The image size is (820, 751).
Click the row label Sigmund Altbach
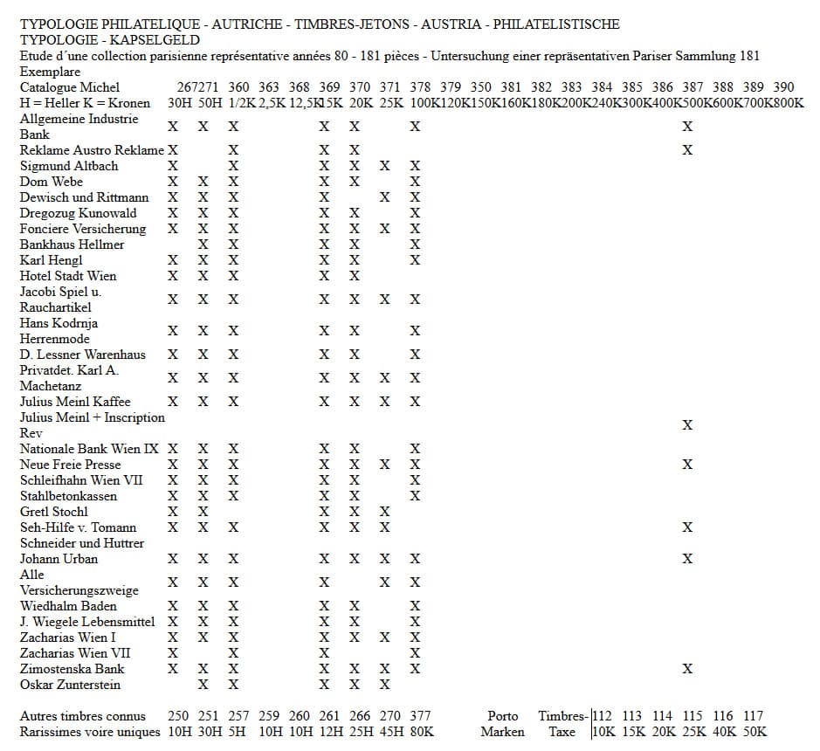tap(69, 166)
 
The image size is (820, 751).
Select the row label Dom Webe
tap(52, 182)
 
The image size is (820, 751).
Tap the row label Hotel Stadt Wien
tap(68, 276)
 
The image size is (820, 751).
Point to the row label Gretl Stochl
tap(54, 512)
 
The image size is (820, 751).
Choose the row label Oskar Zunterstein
tap(71, 685)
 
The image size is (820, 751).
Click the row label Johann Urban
tap(59, 559)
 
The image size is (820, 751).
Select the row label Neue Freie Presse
tap(71, 465)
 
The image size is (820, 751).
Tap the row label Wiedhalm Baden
tap(68, 606)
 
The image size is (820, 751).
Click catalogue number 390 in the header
tap(783, 87)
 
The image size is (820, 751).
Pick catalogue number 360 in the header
tap(238, 87)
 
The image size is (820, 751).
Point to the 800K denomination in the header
tap(789, 103)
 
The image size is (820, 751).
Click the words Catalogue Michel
tap(70, 87)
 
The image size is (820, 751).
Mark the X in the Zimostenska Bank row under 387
tap(687, 669)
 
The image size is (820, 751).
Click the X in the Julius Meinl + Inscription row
tap(687, 425)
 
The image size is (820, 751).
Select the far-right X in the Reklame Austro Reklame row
tap(687, 150)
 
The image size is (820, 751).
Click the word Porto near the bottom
tap(503, 716)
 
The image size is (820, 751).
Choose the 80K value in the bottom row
tap(421, 732)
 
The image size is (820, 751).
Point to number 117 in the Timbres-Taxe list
tap(754, 716)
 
